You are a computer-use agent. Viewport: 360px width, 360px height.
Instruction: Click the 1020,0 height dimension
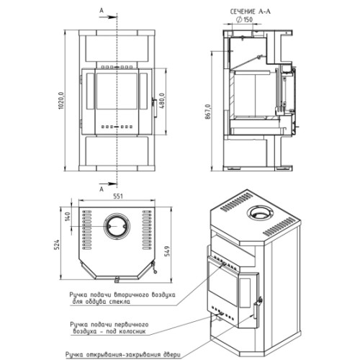(x=61, y=101)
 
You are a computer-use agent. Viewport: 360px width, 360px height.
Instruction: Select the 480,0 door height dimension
(x=162, y=101)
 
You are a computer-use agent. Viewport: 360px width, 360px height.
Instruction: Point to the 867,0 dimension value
(x=207, y=112)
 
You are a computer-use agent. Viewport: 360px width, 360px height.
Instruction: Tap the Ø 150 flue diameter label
(x=244, y=19)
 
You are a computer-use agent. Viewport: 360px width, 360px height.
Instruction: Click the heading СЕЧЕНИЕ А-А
(x=251, y=12)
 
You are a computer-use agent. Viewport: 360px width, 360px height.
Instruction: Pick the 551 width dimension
(x=118, y=196)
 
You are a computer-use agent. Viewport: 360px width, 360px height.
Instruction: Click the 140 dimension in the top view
(x=68, y=217)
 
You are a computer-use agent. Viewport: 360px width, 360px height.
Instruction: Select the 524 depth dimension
(x=57, y=245)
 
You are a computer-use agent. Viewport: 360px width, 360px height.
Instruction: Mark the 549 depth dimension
(x=167, y=251)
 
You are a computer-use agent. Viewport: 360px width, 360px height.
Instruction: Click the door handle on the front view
(x=155, y=108)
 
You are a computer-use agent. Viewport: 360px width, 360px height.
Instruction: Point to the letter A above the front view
(x=102, y=10)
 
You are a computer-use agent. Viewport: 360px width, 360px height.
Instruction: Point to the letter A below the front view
(x=102, y=189)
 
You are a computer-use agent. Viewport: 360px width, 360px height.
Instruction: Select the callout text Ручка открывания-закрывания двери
(x=123, y=354)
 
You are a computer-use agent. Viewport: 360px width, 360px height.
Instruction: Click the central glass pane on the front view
(x=117, y=91)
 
